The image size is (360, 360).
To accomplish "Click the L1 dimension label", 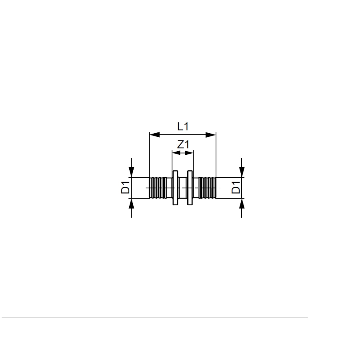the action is [x=183, y=126].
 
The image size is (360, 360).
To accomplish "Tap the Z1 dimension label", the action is [x=183, y=145].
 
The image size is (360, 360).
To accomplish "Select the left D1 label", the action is [x=125, y=188].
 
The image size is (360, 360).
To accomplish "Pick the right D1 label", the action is [x=236, y=188].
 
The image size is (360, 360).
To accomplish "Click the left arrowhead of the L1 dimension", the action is [x=154, y=135].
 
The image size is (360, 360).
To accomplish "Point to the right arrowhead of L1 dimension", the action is [x=210, y=135].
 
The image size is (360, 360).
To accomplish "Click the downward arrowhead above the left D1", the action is [x=131, y=172].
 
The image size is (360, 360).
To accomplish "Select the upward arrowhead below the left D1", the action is [x=131, y=204].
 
